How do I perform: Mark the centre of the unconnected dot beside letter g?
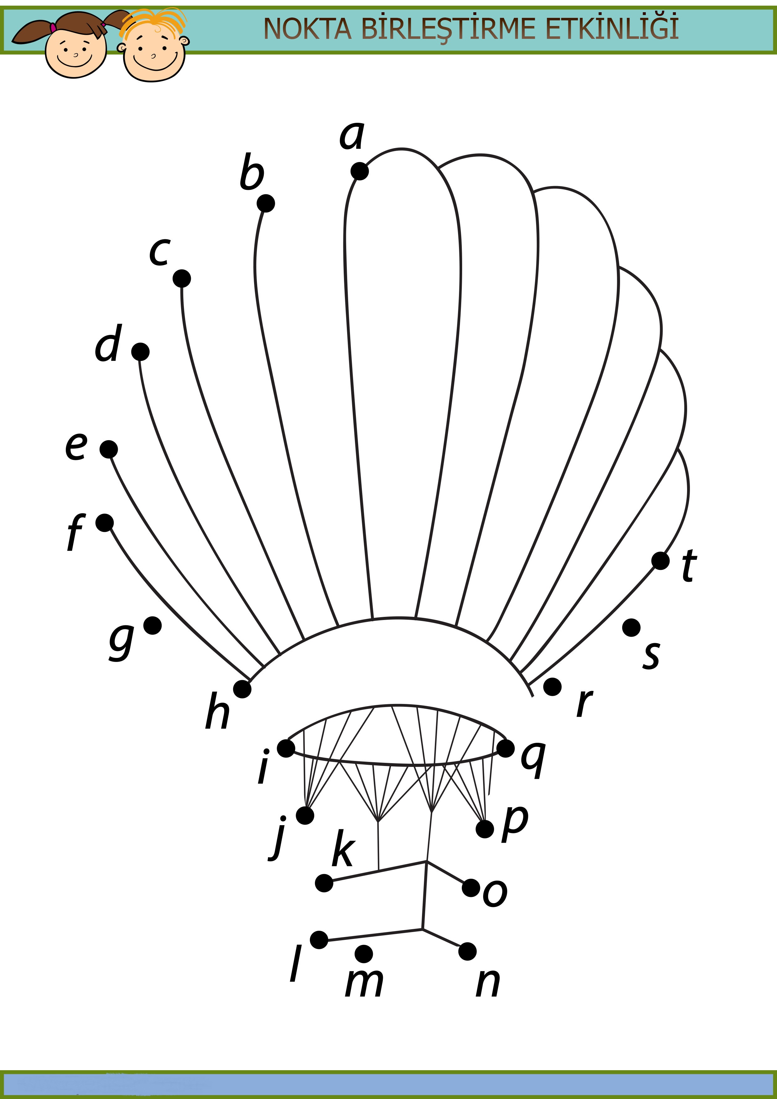click(153, 625)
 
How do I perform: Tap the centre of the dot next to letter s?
click(631, 628)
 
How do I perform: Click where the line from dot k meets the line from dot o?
click(426, 862)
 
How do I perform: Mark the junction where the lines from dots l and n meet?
click(422, 929)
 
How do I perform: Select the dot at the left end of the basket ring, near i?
click(286, 748)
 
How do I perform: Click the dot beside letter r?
click(552, 687)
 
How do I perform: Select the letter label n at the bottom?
click(488, 983)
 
